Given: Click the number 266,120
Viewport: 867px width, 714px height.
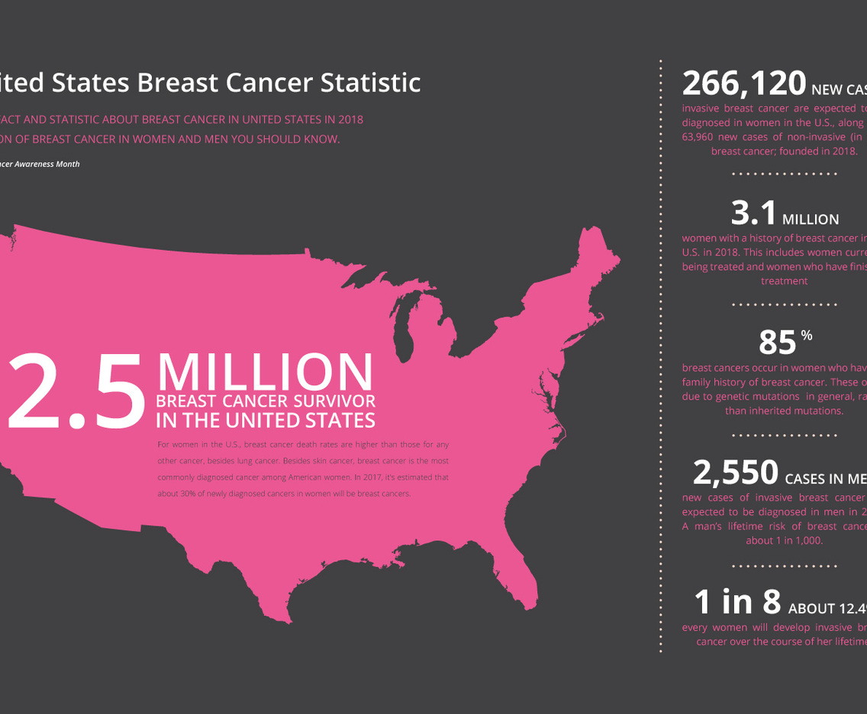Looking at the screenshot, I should click(743, 82).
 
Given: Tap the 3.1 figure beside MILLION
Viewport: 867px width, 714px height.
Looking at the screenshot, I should click(753, 214).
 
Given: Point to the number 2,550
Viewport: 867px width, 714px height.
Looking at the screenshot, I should click(735, 473).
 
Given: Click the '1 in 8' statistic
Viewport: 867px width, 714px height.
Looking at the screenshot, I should click(737, 603).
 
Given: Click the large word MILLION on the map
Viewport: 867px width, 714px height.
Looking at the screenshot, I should click(265, 373).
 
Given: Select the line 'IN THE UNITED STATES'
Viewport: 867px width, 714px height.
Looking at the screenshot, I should click(265, 420).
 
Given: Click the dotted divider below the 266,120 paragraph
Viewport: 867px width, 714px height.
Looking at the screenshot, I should click(784, 174).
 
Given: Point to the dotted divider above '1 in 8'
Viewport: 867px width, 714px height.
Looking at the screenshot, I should click(784, 566).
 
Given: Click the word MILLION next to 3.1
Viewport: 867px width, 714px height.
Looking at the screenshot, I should click(811, 220).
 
